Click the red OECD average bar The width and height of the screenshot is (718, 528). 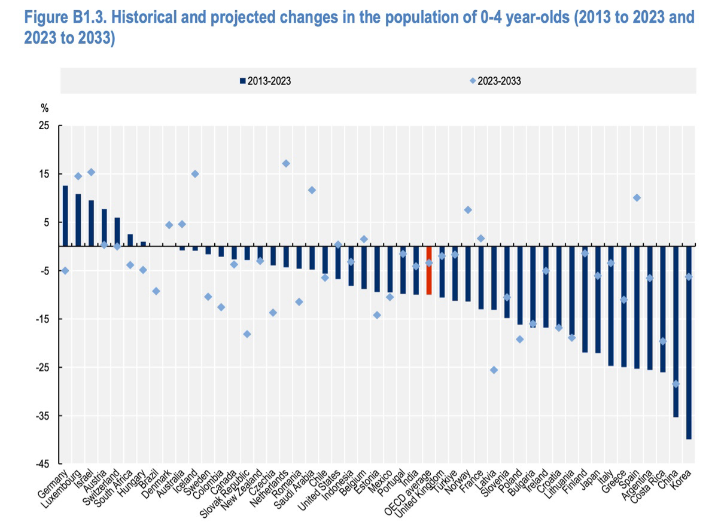[428, 270]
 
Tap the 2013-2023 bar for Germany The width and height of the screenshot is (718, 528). [65, 216]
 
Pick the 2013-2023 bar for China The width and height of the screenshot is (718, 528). [676, 331]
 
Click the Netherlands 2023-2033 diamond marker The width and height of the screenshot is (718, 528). [286, 163]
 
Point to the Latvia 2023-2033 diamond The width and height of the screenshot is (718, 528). [494, 370]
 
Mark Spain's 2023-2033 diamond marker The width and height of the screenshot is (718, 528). [637, 198]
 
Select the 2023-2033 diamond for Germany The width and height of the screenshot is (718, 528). [65, 271]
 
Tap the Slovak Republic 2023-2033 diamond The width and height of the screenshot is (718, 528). [247, 334]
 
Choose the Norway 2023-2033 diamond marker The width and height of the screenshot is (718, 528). [468, 210]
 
